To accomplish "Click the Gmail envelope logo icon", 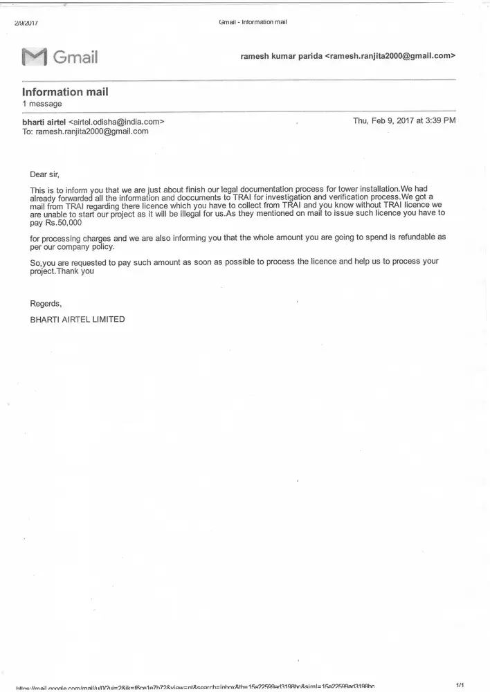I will click(34, 57).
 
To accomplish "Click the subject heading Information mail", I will click(65, 91).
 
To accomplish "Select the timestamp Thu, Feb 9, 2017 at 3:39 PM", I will click(404, 120).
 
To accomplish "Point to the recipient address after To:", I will click(92, 131).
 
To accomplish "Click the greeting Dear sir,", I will click(50, 174).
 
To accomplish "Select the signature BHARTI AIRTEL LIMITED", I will click(78, 319).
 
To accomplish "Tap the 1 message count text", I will click(42, 104).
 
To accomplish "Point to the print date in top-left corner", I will click(26, 23).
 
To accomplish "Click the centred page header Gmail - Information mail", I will click(253, 22).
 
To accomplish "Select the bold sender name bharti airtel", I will click(44, 121).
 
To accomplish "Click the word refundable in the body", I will click(414, 237).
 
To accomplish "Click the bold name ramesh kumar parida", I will click(281, 55).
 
